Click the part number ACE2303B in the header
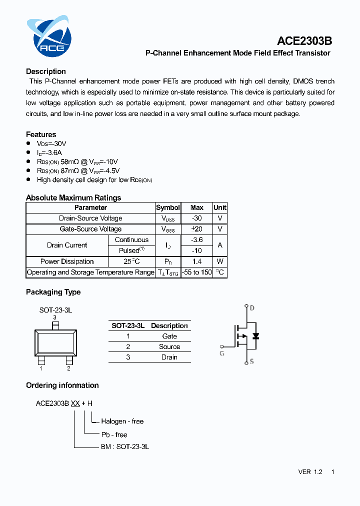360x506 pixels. pyautogui.click(x=305, y=41)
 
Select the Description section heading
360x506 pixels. pyautogui.click(x=46, y=71)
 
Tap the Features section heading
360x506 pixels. pyautogui.click(x=41, y=134)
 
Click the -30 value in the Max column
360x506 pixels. pyautogui.click(x=196, y=218)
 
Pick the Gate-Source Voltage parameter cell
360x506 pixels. pyautogui.click(x=90, y=229)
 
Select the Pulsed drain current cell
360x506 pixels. pyautogui.click(x=131, y=250)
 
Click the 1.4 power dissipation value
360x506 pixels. pyautogui.click(x=196, y=261)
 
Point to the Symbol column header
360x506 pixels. pyautogui.click(x=167, y=207)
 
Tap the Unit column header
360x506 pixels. pyautogui.click(x=219, y=207)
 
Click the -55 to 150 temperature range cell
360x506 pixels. pyautogui.click(x=196, y=272)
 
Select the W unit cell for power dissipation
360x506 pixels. pyautogui.click(x=219, y=261)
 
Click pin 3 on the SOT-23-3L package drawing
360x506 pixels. pyautogui.click(x=55, y=325)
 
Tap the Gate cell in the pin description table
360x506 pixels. pyautogui.click(x=169, y=336)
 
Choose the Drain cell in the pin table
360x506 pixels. pyautogui.click(x=169, y=357)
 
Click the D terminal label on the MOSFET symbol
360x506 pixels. pyautogui.click(x=252, y=308)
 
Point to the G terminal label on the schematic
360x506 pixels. pyautogui.click(x=221, y=353)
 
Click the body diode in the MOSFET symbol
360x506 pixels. pyautogui.click(x=255, y=336)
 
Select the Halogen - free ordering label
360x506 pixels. pyautogui.click(x=122, y=421)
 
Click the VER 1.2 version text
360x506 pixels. pyautogui.click(x=310, y=472)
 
